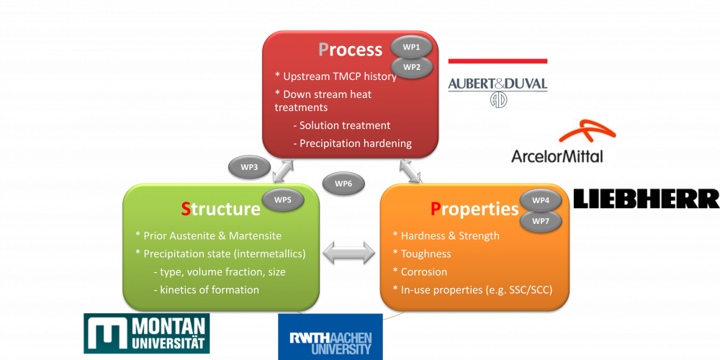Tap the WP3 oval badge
[x=249, y=167]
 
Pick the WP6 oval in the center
[x=343, y=184]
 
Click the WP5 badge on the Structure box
[x=283, y=199]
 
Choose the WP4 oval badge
[x=541, y=200]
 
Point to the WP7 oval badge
[x=541, y=221]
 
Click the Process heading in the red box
[x=351, y=50]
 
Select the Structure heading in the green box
[x=221, y=209]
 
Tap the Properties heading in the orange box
[x=474, y=210]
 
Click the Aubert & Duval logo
[x=498, y=83]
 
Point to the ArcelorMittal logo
[x=563, y=141]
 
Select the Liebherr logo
[x=647, y=199]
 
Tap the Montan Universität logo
[x=146, y=333]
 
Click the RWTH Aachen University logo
[x=330, y=336]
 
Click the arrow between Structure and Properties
[x=349, y=253]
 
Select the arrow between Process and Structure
[x=282, y=171]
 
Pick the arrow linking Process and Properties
[x=411, y=171]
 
